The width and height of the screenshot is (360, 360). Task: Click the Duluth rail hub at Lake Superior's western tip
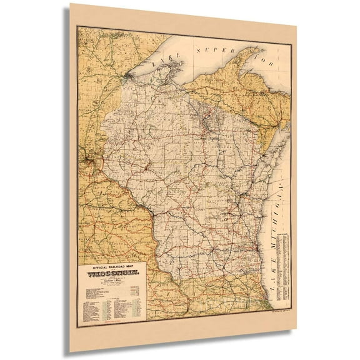pos(127,77)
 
